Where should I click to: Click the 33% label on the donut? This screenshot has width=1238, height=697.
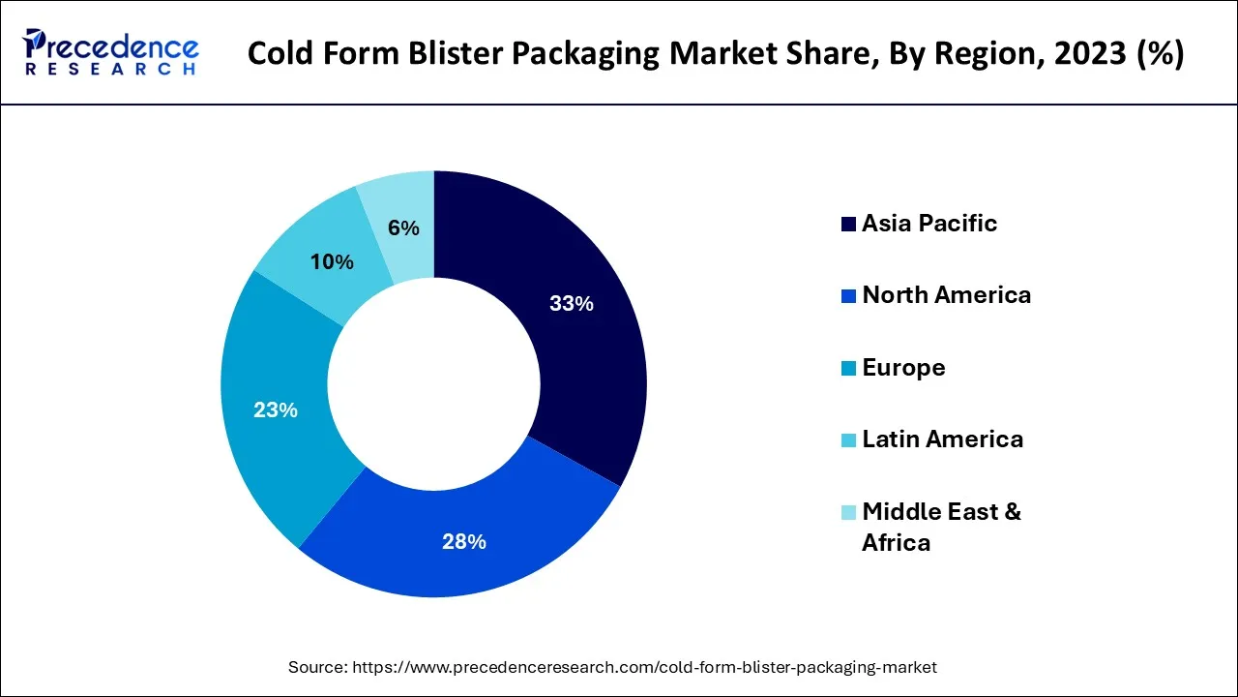pos(571,304)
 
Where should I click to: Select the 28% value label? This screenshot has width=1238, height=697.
pos(463,542)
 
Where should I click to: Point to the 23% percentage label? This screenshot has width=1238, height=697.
pos(276,410)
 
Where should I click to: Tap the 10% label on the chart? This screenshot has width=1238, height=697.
pos(332,262)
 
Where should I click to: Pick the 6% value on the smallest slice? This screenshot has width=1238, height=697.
pos(403,228)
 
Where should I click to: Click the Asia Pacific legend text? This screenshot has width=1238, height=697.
pos(928,224)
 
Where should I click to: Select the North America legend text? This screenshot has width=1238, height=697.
pos(946,295)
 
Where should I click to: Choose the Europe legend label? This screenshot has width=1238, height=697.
pos(903,368)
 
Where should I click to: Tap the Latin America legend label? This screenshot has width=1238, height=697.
pos(942,439)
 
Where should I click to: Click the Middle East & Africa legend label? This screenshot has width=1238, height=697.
pos(940,527)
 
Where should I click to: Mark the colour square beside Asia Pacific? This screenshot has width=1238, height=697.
pos(848,225)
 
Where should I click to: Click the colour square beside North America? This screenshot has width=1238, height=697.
pos(848,296)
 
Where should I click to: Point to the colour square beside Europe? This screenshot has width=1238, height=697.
pos(848,369)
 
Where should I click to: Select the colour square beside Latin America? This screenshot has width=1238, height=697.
pos(848,440)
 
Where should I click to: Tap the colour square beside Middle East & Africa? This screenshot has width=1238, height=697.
pos(848,512)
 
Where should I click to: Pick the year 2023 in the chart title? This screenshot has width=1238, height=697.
pos(1087,53)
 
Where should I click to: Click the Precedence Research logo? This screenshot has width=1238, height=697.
pos(112,52)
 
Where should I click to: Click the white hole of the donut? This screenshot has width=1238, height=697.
pos(433,383)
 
